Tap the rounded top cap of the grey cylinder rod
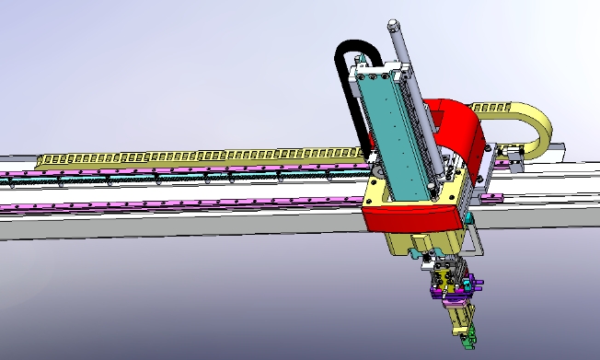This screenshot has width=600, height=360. (x=393, y=25)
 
